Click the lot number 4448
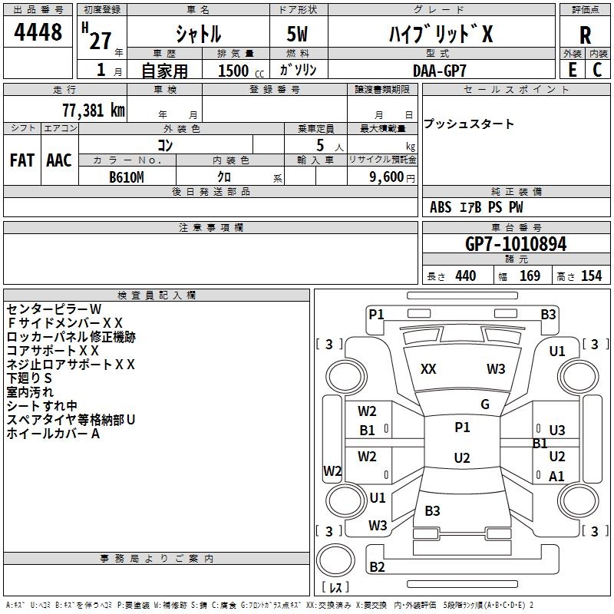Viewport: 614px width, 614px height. click(38, 31)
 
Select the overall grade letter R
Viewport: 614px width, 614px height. click(585, 35)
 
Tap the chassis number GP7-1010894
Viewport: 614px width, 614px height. click(516, 243)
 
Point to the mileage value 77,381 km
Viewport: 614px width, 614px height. click(94, 110)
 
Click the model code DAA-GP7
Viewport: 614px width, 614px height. click(439, 71)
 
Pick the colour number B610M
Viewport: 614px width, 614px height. click(127, 177)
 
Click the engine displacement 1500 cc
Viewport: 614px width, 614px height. click(241, 71)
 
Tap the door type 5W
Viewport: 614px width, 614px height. click(297, 34)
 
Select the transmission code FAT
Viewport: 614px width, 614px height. click(22, 160)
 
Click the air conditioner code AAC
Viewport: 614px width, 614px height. click(59, 160)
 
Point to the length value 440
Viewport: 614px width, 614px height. click(466, 276)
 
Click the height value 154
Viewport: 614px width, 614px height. click(591, 276)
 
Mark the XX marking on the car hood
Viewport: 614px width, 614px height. click(428, 368)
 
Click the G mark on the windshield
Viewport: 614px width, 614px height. click(485, 404)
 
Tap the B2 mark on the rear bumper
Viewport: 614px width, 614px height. click(377, 566)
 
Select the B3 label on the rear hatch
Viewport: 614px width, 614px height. click(432, 510)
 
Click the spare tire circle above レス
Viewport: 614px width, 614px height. click(335, 560)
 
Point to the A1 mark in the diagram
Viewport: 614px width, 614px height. click(556, 476)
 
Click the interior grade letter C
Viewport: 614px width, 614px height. click(597, 70)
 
